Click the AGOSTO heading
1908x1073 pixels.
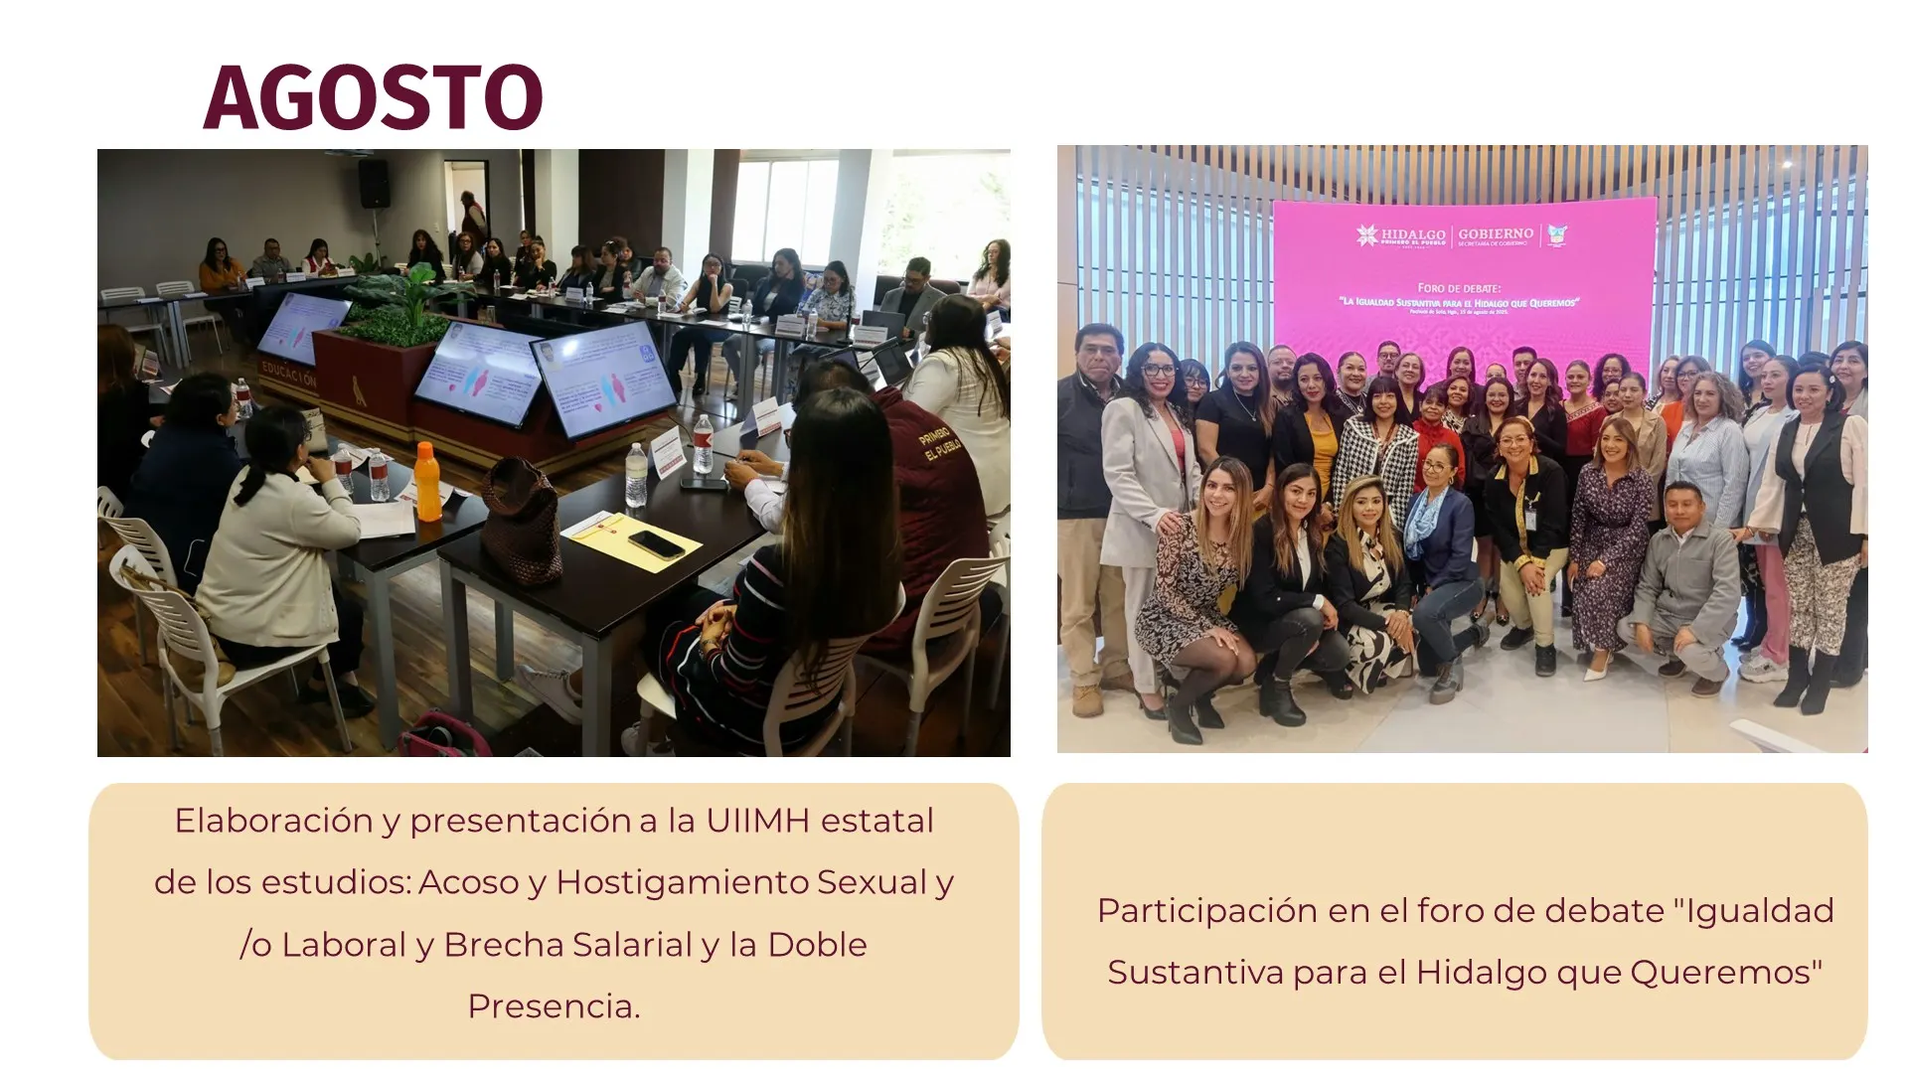(373, 97)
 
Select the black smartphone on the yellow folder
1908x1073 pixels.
(656, 543)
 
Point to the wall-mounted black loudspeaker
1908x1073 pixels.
(375, 183)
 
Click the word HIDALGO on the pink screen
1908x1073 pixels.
(1413, 234)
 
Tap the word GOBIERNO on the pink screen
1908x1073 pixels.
(1496, 233)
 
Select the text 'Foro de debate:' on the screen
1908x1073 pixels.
(1459, 288)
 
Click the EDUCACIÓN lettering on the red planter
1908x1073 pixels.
(288, 374)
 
